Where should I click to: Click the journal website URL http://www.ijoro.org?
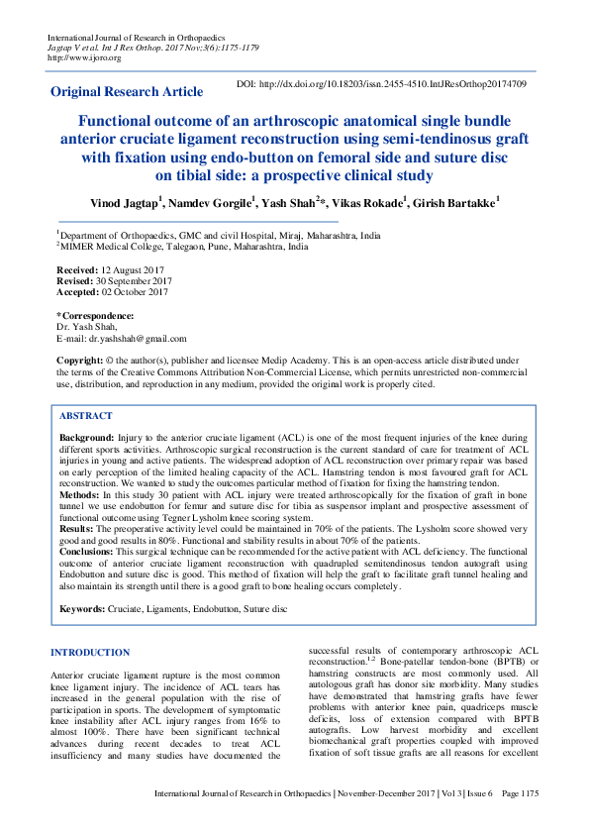coord(84,57)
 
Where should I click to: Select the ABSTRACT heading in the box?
coord(86,417)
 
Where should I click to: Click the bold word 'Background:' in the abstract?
coord(87,437)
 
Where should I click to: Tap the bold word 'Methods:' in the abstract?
coord(79,494)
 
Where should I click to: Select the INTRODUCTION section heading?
coord(96,652)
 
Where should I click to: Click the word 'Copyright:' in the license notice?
coord(80,362)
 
